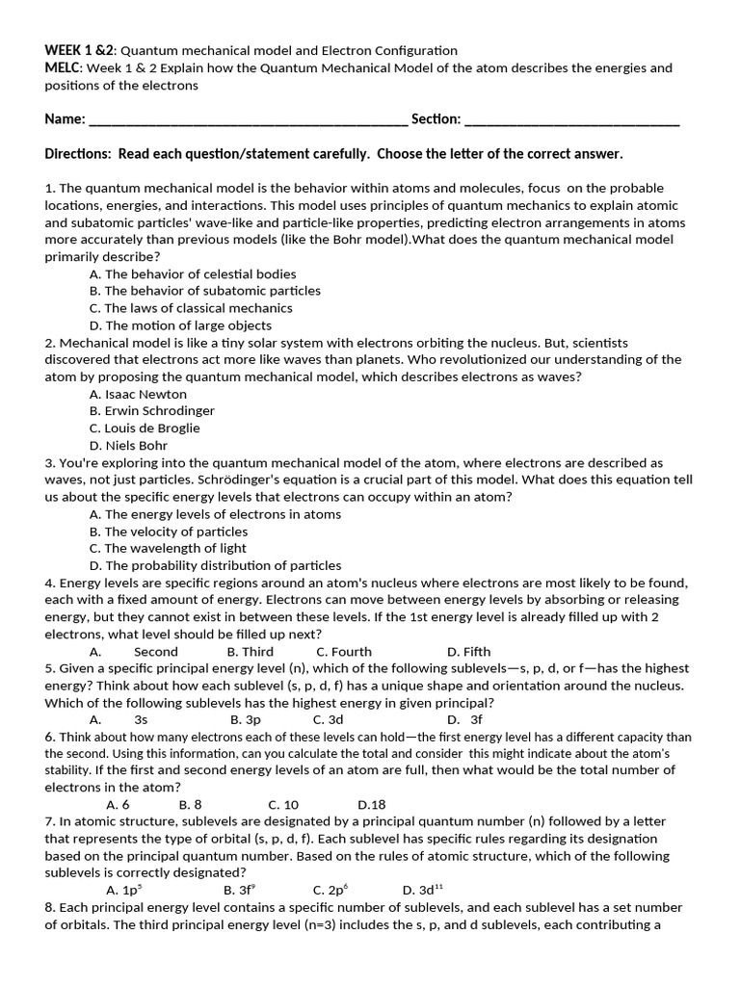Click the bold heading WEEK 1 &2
point(79,50)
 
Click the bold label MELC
point(64,67)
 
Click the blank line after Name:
point(248,120)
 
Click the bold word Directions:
point(79,154)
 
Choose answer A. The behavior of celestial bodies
point(193,274)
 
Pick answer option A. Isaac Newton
point(138,394)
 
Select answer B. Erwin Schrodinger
point(151,411)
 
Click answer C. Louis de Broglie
point(145,428)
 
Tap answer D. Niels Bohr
point(128,446)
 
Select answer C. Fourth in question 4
point(344,652)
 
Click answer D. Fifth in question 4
point(469,652)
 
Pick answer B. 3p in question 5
point(246,719)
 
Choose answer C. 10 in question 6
point(283,805)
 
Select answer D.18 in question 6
point(372,805)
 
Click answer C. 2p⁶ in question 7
point(330,891)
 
